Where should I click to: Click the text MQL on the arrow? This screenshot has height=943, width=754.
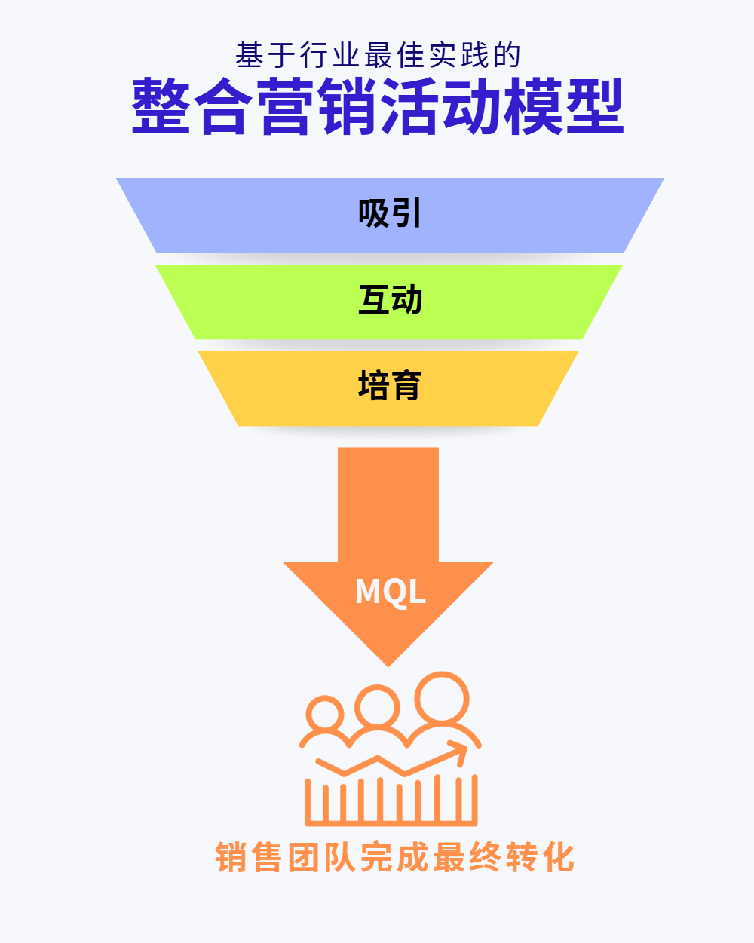[x=390, y=592]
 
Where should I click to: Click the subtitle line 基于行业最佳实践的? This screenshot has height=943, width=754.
[x=378, y=55]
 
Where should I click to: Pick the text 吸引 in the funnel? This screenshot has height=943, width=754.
[x=390, y=214]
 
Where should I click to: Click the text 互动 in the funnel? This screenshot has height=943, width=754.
[x=390, y=300]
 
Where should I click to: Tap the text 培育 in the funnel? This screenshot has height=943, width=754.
[x=390, y=386]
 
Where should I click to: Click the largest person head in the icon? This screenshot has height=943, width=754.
[x=442, y=698]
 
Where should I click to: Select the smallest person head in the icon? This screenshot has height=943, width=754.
[x=326, y=714]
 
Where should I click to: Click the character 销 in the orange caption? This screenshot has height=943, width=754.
[x=233, y=858]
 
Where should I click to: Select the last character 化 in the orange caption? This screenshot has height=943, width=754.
[x=558, y=858]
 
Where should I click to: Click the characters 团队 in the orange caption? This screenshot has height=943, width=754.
[x=323, y=858]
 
